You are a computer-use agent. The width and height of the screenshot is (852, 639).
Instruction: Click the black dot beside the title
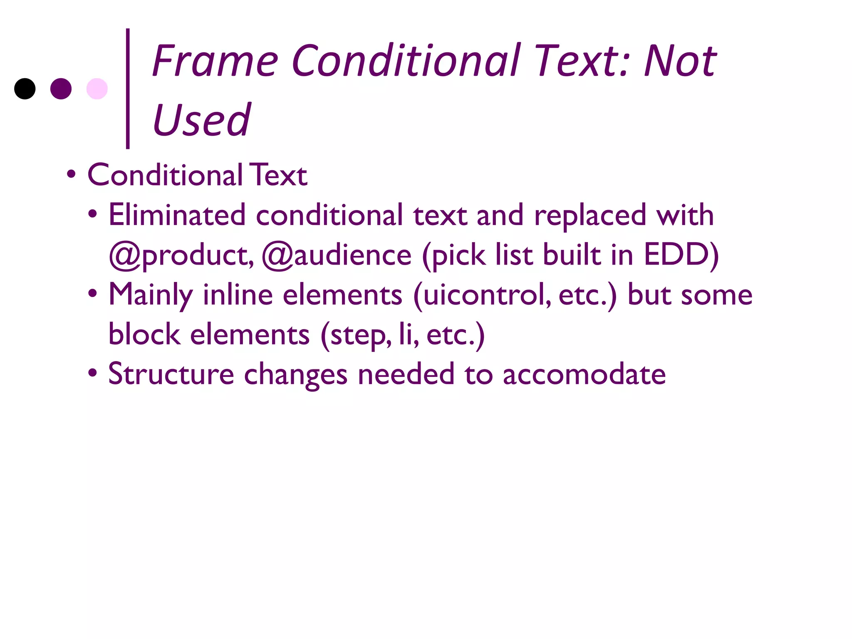(x=25, y=89)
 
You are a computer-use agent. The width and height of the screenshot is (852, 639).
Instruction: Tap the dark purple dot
(x=61, y=89)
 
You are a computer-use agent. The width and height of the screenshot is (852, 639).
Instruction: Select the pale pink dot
(x=97, y=89)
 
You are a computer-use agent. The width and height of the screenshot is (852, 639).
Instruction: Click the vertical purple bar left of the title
(x=128, y=88)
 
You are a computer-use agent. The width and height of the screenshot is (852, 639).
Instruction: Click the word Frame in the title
(x=215, y=62)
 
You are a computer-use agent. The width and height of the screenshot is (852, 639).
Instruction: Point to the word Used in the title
(x=202, y=120)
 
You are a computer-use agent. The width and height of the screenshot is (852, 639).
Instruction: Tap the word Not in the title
(x=680, y=62)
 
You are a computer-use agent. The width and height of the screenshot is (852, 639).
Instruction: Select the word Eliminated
(x=177, y=215)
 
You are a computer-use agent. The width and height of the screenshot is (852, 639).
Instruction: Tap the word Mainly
(x=151, y=295)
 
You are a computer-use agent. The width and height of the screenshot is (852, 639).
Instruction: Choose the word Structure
(x=171, y=374)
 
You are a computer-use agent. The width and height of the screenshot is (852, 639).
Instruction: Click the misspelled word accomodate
(x=584, y=374)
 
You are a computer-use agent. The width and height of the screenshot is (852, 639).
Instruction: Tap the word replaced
(x=590, y=215)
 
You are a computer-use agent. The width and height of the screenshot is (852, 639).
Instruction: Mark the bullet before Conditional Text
(x=71, y=174)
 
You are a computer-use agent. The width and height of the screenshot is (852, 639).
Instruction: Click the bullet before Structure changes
(x=92, y=373)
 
